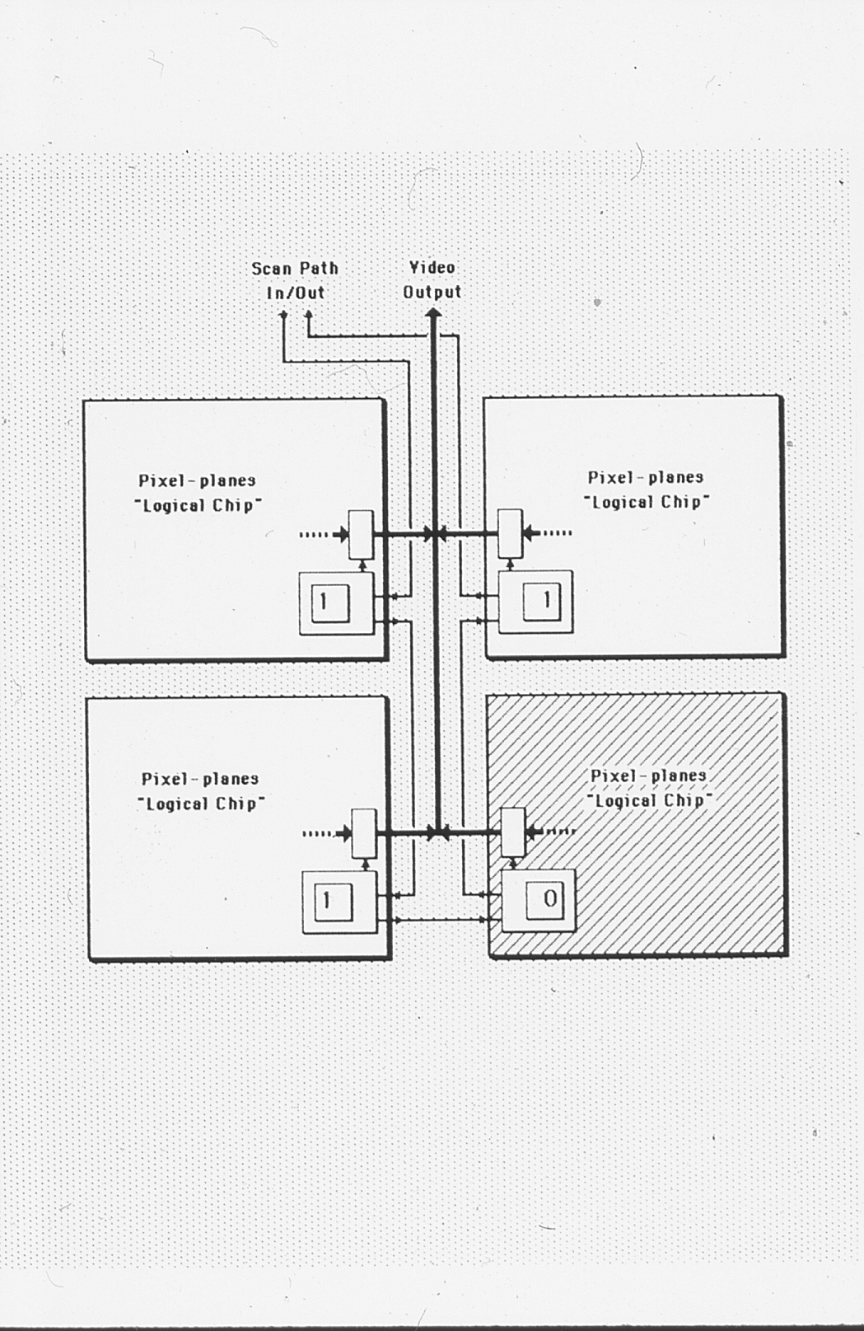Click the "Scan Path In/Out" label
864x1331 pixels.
295,280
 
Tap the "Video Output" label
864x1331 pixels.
432,279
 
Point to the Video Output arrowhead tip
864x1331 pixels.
433,312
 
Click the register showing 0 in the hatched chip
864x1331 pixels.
549,898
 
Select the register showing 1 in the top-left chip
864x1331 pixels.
324,602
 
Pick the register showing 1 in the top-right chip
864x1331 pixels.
544,601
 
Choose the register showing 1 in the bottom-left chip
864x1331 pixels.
327,901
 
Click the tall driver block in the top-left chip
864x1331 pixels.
361,534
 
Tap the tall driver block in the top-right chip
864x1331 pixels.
511,533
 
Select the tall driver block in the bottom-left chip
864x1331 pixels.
363,833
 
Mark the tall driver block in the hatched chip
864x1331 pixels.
513,832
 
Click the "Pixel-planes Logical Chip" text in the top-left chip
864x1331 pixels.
197,493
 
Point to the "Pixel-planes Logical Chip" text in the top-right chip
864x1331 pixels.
646,490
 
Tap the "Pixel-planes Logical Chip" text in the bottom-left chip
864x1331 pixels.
200,791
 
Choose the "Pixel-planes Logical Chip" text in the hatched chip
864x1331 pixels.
649,788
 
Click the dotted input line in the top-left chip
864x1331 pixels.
314,535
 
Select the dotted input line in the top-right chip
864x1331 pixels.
557,533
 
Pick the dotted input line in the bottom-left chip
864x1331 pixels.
317,833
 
